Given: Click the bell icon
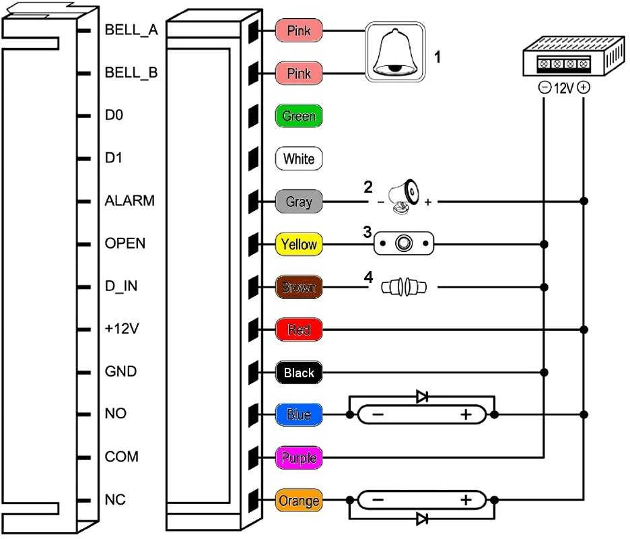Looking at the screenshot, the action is coord(395,52).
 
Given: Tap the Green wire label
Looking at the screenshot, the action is coord(299,116).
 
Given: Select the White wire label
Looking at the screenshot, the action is coord(299,158).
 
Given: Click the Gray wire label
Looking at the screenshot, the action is coord(299,201).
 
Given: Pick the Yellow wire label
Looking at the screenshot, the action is coord(299,244).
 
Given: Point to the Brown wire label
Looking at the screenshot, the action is coord(299,287).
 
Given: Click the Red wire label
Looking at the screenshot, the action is coord(299,329).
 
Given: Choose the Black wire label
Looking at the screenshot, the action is coord(299,373).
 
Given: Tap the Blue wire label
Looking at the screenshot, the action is coord(299,414).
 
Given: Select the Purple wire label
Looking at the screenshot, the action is coord(299,457).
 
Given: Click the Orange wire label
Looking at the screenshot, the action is coord(299,501).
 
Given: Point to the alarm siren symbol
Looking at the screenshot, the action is coord(404,197).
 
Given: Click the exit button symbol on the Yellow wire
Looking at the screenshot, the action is coord(404,243).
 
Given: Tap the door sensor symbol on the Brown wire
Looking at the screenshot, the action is coord(404,287).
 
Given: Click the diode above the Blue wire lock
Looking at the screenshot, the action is coord(422,397).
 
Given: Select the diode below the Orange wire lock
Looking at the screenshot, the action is coord(422,519).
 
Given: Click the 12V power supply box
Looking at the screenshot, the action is coord(573,56).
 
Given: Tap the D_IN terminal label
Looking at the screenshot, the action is coord(121,286).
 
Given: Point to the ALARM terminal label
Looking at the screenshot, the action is coord(129,200).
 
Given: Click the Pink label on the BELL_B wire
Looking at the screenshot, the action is coord(299,73).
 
